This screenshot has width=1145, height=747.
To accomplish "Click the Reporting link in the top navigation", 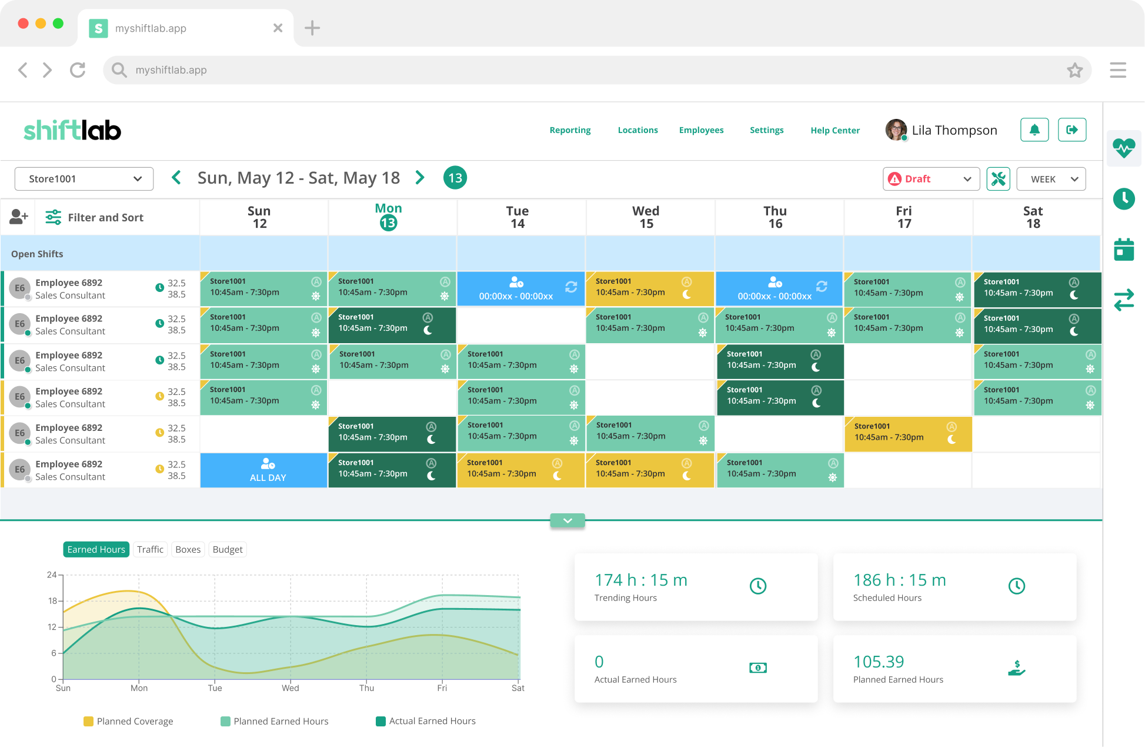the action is click(570, 130).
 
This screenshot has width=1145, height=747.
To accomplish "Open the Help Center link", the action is click(835, 130).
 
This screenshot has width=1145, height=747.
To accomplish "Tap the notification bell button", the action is click(1034, 130).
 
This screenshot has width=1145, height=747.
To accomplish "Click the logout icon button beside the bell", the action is click(1072, 130).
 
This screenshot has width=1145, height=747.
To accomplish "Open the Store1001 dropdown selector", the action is click(84, 179).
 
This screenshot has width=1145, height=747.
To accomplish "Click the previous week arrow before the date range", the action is click(176, 177).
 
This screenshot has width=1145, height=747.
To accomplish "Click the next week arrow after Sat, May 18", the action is click(420, 177).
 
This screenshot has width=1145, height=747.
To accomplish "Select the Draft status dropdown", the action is click(931, 179).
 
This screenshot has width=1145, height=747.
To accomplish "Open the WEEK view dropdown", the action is click(1051, 179).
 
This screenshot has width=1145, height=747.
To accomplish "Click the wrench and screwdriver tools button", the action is click(998, 179).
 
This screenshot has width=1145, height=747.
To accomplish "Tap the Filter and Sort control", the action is click(95, 217).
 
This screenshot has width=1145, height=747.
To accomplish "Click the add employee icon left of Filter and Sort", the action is click(18, 217).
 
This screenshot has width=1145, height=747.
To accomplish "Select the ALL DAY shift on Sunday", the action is click(263, 470).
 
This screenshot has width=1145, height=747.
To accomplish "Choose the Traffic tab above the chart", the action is click(150, 549).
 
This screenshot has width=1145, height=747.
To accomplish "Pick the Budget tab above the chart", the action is click(228, 549).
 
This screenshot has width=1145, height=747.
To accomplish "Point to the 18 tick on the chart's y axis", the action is click(53, 600).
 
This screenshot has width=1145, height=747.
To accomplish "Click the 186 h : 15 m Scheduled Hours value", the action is click(900, 580).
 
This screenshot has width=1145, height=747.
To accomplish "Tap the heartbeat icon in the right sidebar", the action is click(1124, 148).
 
